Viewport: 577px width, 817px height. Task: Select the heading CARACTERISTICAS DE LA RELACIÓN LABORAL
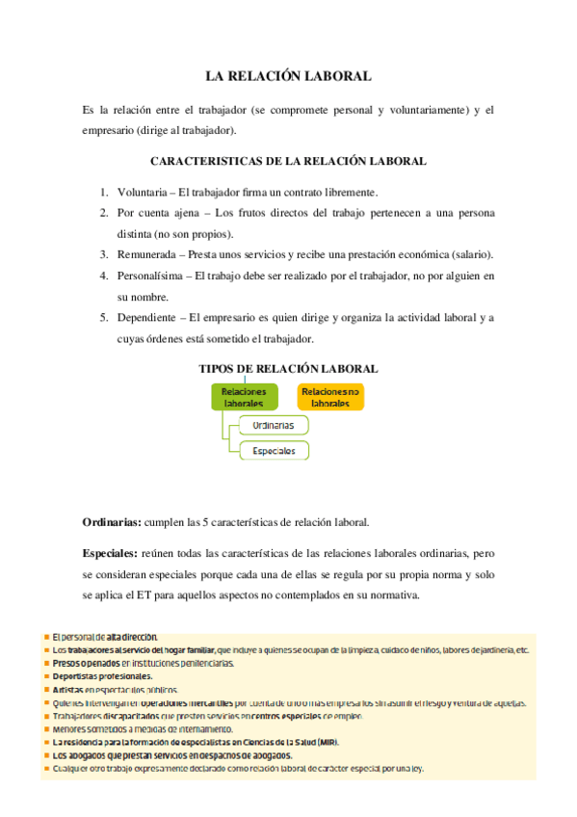(289, 162)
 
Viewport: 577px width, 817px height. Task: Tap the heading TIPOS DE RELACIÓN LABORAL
(288, 368)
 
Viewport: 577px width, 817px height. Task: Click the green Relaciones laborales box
(244, 397)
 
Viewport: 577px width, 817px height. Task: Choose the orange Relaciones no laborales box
(329, 397)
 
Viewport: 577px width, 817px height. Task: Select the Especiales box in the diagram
(273, 450)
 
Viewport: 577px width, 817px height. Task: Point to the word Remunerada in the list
(149, 254)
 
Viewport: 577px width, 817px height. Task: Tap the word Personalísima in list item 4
(152, 276)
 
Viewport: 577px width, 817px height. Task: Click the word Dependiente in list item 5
(149, 318)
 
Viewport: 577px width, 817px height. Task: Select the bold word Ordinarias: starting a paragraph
(112, 522)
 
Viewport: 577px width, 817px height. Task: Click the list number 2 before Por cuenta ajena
(103, 213)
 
